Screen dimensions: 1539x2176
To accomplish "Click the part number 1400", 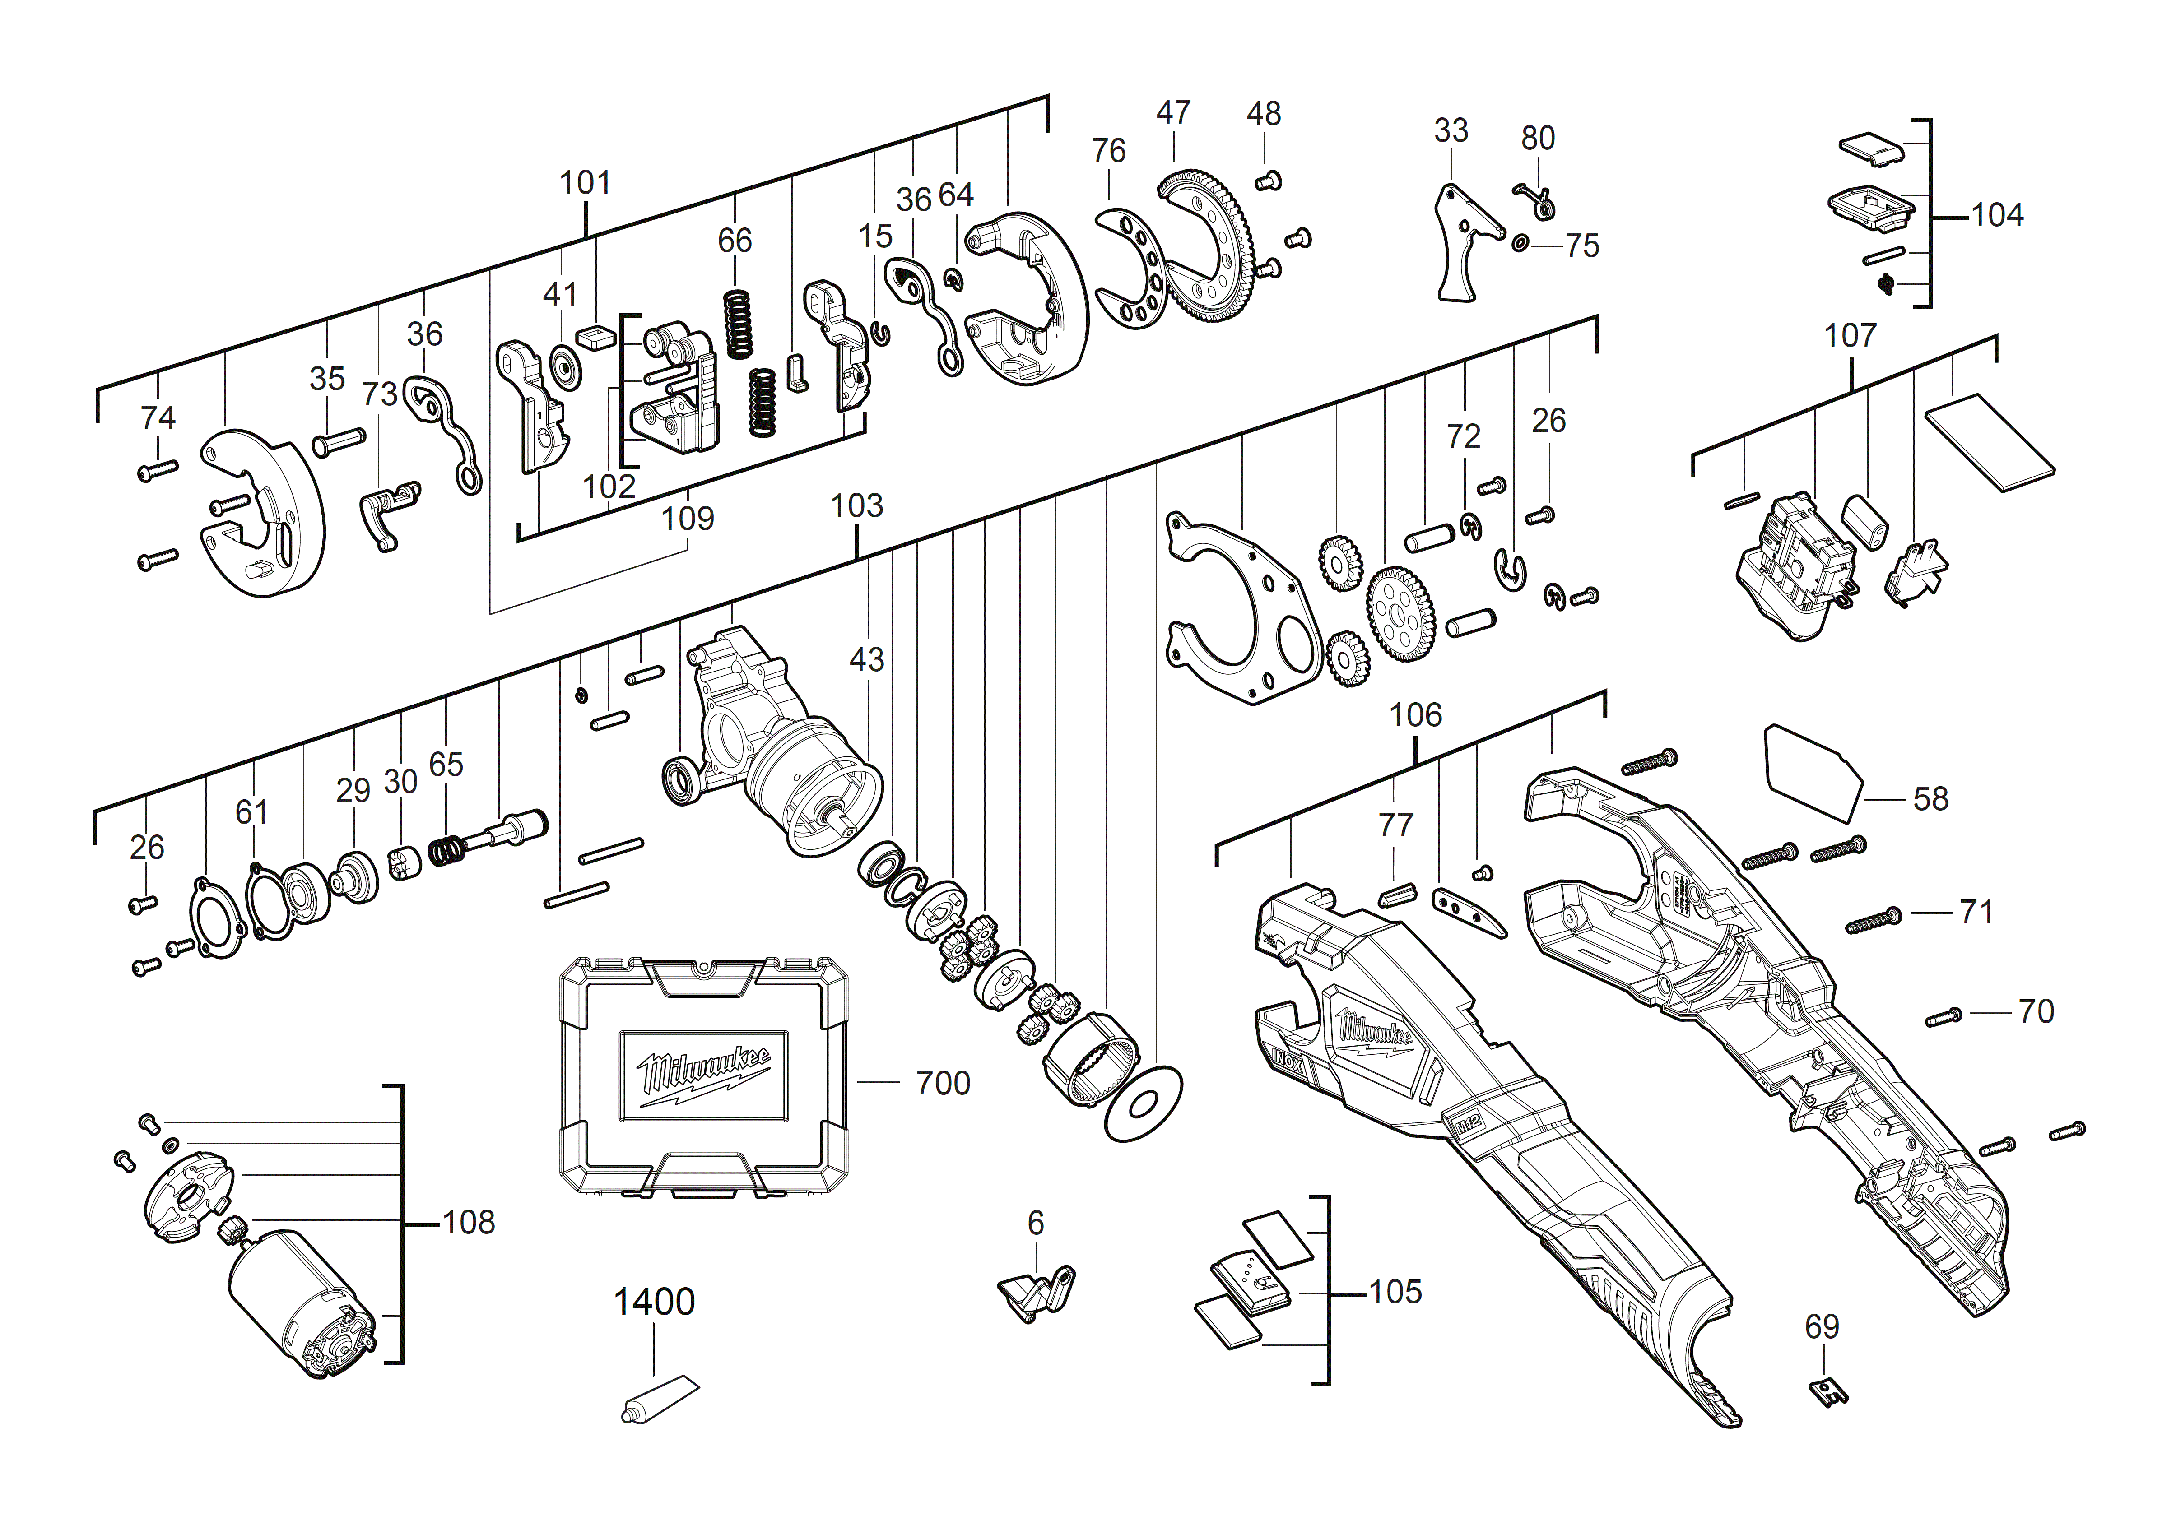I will tap(654, 1302).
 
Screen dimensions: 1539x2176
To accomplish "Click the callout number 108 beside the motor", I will tap(469, 1223).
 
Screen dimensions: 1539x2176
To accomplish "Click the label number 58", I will tap(1930, 799).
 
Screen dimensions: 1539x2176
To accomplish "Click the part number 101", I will tap(585, 182).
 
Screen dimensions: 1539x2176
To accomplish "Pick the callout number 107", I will tap(1850, 335).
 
